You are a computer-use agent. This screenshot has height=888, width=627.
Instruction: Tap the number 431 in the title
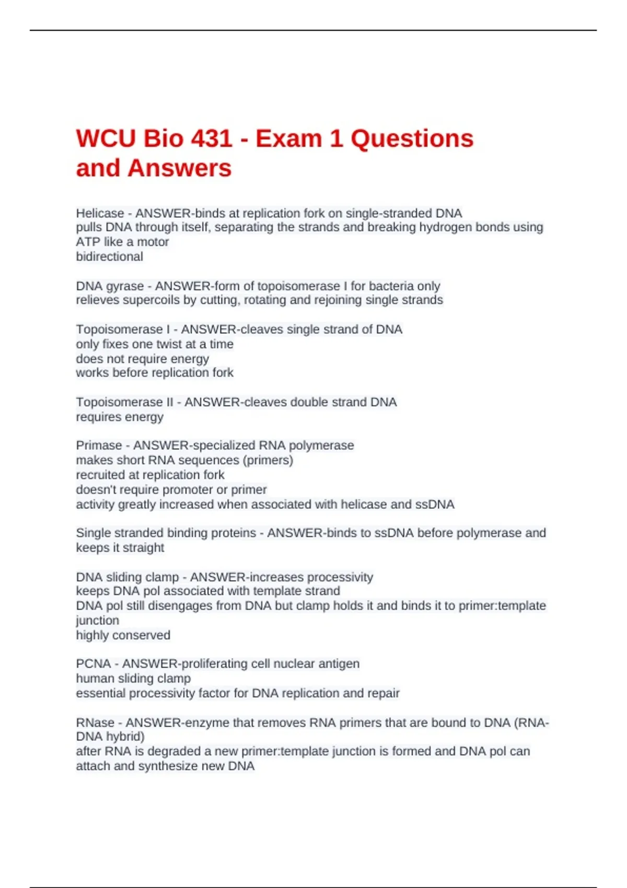pyautogui.click(x=212, y=139)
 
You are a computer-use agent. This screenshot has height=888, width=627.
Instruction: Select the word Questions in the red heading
pyautogui.click(x=412, y=139)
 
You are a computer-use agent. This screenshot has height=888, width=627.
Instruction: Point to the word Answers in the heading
pyautogui.click(x=179, y=169)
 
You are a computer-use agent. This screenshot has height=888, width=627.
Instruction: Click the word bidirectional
pyautogui.click(x=109, y=256)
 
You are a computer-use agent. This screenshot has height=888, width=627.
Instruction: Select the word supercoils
pyautogui.click(x=135, y=300)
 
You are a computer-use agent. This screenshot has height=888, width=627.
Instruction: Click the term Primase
pyautogui.click(x=99, y=446)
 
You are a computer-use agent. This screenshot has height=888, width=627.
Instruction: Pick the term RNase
pyautogui.click(x=95, y=723)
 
